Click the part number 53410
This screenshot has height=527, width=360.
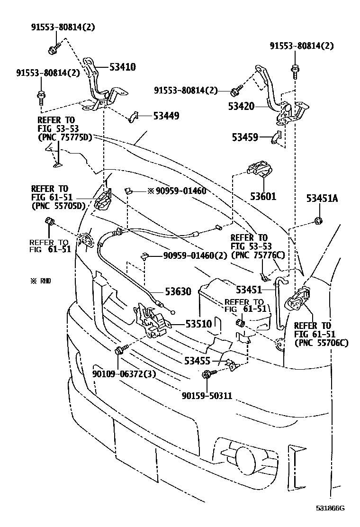click(x=122, y=67)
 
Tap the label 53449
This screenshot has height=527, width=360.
click(x=165, y=115)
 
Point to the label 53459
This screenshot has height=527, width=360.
click(x=245, y=138)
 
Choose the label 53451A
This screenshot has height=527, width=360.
click(x=322, y=199)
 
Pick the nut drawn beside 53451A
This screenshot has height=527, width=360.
click(x=318, y=220)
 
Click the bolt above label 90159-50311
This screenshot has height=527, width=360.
click(x=207, y=375)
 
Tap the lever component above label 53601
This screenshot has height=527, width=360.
click(x=260, y=171)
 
